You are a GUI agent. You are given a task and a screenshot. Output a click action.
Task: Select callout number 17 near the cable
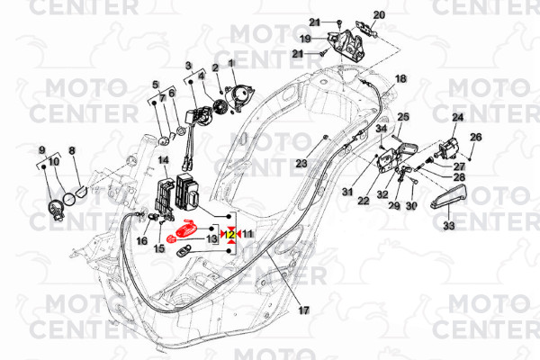click(303, 310)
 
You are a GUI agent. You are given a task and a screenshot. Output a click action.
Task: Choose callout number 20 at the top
click(378, 14)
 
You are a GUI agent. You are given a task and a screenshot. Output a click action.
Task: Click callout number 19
click(305, 39)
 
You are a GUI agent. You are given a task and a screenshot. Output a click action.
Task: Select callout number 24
click(457, 118)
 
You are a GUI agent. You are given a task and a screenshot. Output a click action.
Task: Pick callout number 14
click(164, 160)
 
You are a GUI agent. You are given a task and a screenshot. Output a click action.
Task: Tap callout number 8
click(72, 151)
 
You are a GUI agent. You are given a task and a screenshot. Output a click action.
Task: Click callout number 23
click(301, 163)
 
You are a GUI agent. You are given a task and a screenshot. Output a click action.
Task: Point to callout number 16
click(142, 241)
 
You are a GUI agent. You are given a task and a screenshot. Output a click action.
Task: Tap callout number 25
click(403, 117)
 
